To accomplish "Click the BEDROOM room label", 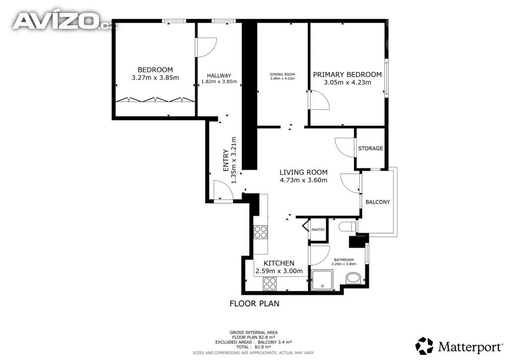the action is (155, 70).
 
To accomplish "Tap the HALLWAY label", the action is (219, 76).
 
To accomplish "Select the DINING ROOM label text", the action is (282, 75).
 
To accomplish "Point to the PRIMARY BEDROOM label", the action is (347, 75).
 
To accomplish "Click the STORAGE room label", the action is (370, 148).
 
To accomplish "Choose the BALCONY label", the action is (378, 202).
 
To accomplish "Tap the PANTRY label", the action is (318, 230).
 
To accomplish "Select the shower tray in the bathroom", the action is (322, 280).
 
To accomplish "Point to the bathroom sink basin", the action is (353, 278).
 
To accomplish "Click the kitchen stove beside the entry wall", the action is (260, 232).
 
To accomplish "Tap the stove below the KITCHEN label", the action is (270, 284).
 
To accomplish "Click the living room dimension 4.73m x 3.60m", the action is (304, 180).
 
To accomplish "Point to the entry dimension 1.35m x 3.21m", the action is (234, 160).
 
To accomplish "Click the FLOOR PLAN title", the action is (254, 303).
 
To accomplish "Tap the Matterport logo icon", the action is (424, 346).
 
